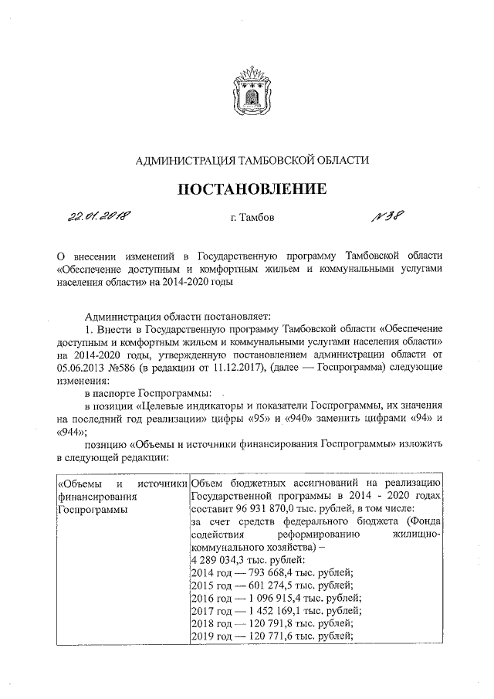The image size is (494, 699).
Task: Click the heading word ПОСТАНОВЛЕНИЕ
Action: pos(248,188)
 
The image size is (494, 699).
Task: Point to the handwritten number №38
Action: pos(388,215)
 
